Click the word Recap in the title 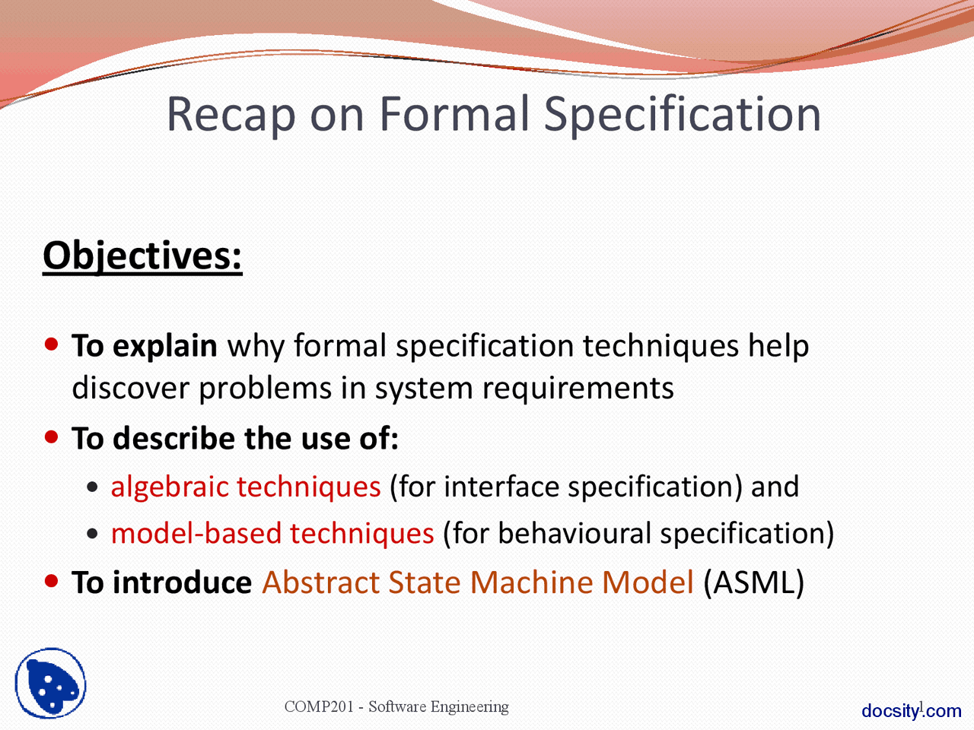231,114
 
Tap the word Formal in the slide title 454,113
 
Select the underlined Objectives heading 142,257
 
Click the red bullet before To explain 52,344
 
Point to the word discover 130,388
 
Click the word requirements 578,389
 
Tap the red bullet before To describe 52,437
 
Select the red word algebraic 169,487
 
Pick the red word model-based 196,533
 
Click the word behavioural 575,533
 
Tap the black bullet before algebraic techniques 92,487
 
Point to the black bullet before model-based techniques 92,533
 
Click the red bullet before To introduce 52,581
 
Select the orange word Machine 532,582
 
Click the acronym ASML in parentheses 753,582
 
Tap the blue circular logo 50,683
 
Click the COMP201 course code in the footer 319,706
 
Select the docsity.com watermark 912,711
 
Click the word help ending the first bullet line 778,345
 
